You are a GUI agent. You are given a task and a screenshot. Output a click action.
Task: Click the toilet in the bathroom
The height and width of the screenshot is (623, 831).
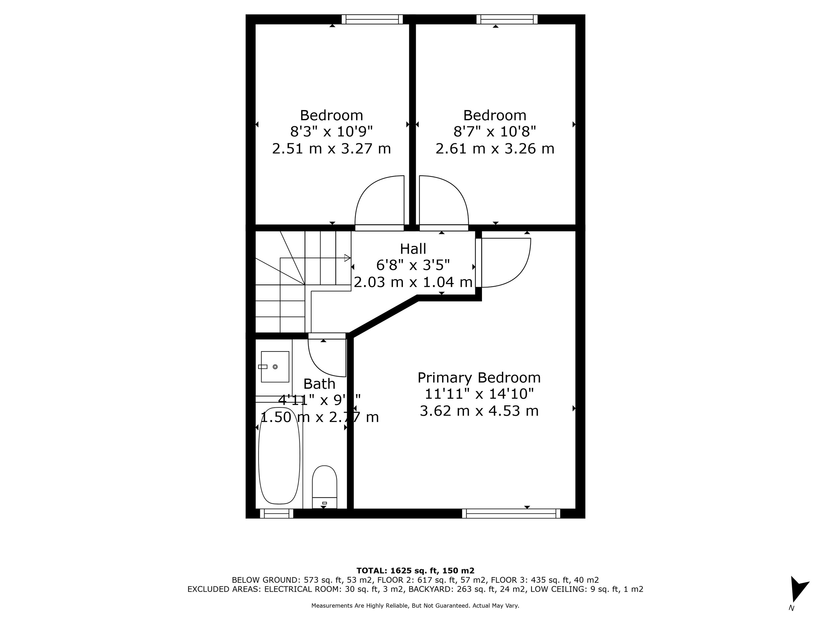(324, 487)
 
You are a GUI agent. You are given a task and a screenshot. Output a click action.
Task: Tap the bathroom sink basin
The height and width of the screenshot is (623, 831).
(275, 367)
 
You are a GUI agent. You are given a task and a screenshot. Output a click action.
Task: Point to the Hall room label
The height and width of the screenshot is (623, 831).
(413, 249)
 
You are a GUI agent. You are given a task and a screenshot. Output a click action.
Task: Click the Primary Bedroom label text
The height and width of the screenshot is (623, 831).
(479, 377)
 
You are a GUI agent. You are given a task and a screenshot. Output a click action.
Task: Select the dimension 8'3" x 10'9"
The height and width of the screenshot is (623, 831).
(331, 132)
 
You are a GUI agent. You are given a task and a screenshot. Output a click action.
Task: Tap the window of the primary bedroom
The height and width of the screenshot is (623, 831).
(511, 513)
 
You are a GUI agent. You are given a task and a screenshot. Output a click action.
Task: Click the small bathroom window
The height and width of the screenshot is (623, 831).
(277, 513)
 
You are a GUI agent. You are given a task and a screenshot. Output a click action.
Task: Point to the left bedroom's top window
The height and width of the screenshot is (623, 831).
(372, 19)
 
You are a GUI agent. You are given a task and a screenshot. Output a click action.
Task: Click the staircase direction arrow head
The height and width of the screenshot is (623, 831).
(347, 258)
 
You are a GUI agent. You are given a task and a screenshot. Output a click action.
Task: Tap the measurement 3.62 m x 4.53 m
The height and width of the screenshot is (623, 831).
(479, 411)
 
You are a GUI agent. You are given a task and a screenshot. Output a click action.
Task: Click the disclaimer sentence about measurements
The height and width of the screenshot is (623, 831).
(415, 606)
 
